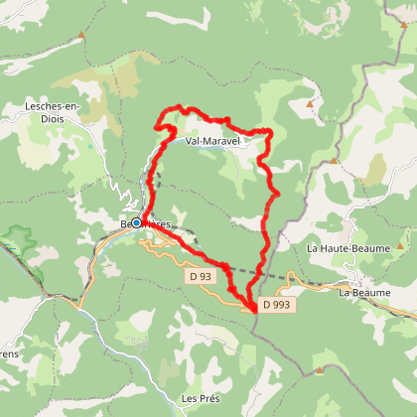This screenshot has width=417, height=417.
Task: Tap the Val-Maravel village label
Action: [x=214, y=140]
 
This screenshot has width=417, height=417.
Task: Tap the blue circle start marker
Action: [x=136, y=222]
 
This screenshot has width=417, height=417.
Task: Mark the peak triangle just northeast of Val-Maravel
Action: [x=310, y=103]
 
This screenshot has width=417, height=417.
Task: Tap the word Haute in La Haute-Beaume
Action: [x=339, y=247]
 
